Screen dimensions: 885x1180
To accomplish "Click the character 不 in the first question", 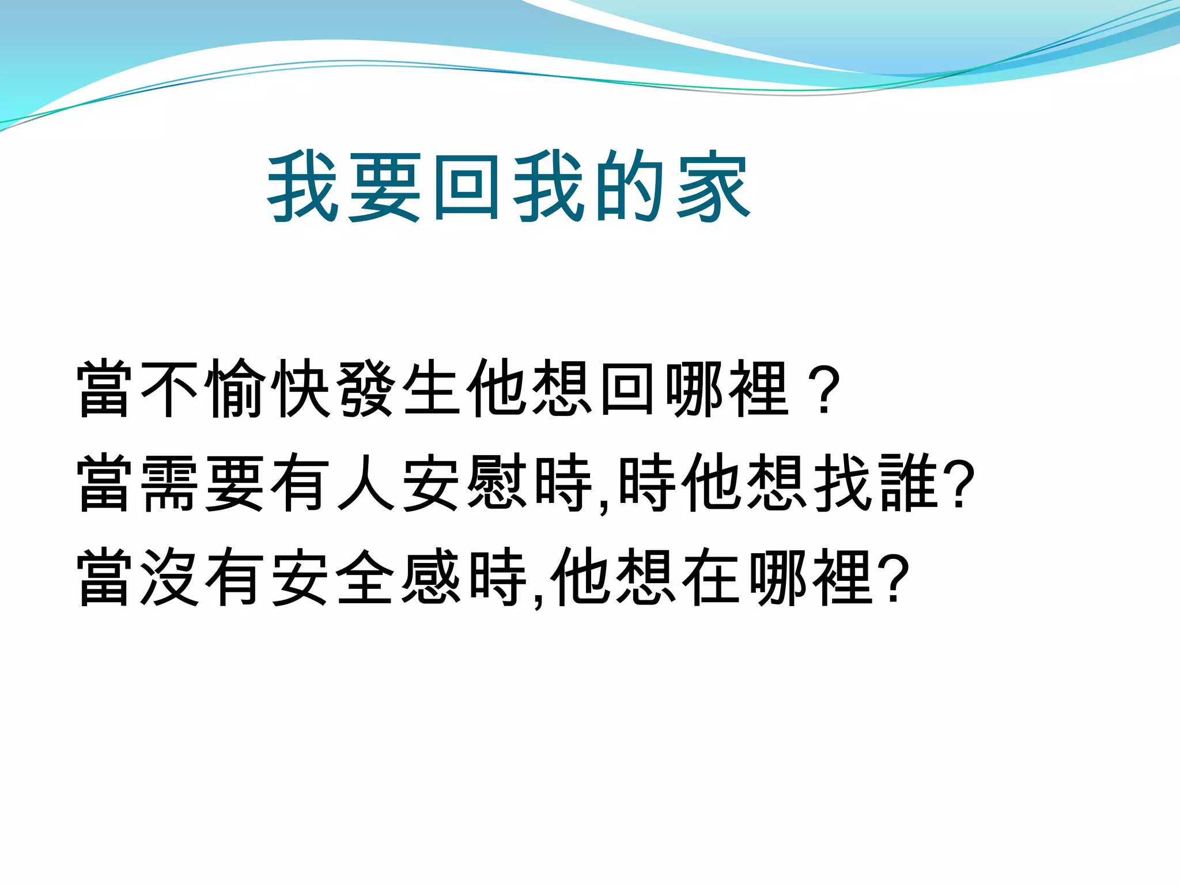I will pyautogui.click(x=169, y=388).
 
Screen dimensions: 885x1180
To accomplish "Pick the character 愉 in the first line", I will pyautogui.click(x=236, y=388).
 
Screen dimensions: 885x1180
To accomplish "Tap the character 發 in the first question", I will pyautogui.click(x=367, y=388).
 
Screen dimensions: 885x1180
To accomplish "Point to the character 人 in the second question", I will pyautogui.click(x=367, y=483).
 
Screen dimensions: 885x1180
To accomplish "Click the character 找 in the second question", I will pyautogui.click(x=842, y=483).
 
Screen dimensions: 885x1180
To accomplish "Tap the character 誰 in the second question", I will pyautogui.click(x=908, y=483).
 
